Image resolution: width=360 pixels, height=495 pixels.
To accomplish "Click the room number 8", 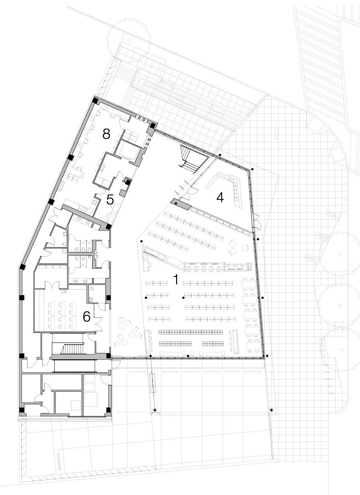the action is tap(106, 134).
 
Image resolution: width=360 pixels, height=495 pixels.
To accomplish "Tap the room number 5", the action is tap(110, 200).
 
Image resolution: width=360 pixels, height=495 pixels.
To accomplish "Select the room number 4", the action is tap(220, 197).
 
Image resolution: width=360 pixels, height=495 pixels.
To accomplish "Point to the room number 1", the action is tap(176, 280).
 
